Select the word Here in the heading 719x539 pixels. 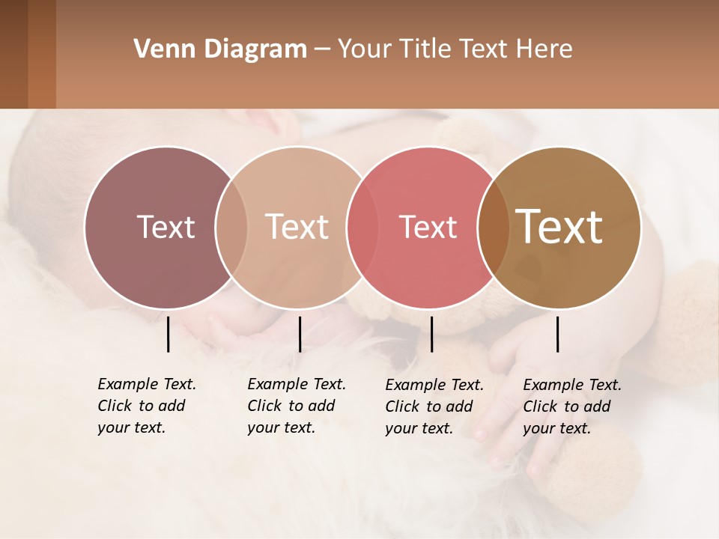click(544, 49)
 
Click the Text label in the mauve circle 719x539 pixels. click(166, 227)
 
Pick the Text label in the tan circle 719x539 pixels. click(297, 227)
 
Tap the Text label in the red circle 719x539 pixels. click(428, 227)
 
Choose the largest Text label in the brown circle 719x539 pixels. click(559, 227)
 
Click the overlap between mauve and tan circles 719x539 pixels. click(231, 227)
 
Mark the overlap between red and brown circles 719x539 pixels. click(492, 227)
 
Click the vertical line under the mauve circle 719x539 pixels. click(168, 334)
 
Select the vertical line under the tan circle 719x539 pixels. click(300, 334)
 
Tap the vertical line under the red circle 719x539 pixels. click(431, 334)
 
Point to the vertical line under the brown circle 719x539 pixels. click(557, 334)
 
